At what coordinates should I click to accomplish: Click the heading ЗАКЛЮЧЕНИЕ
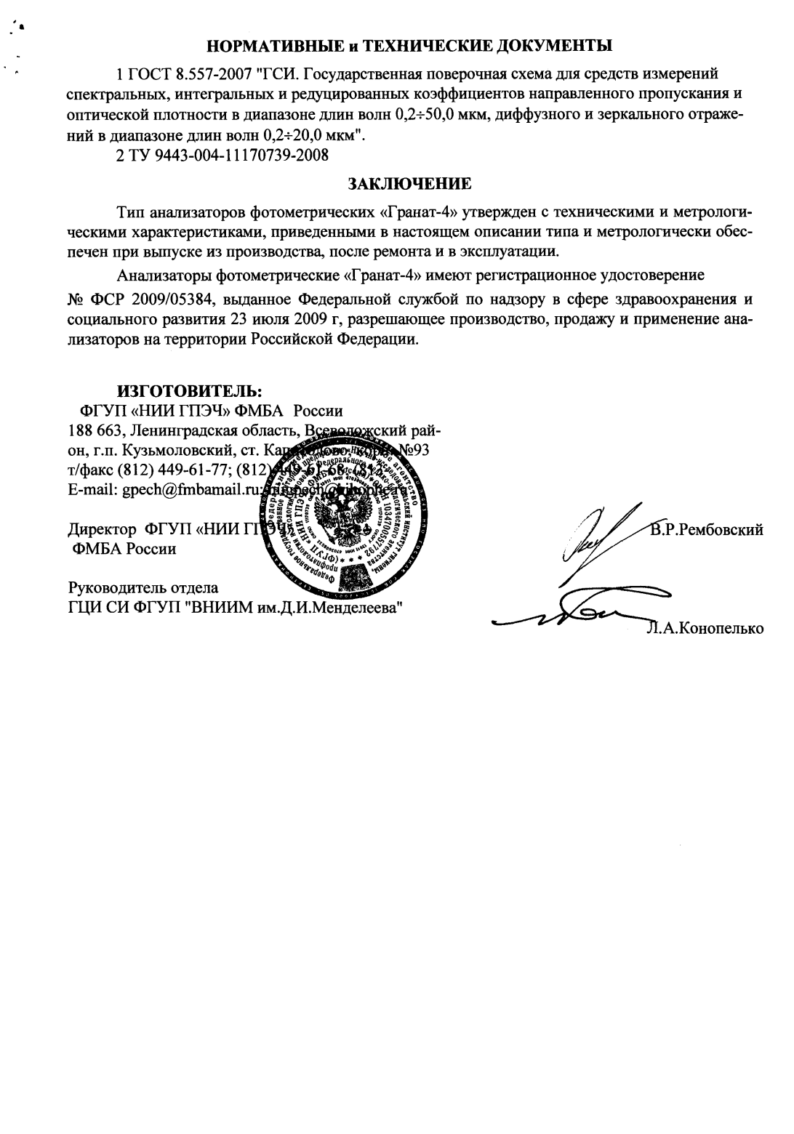pos(411,183)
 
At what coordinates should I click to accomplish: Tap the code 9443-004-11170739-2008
pos(238,155)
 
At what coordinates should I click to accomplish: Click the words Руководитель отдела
pos(143,587)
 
